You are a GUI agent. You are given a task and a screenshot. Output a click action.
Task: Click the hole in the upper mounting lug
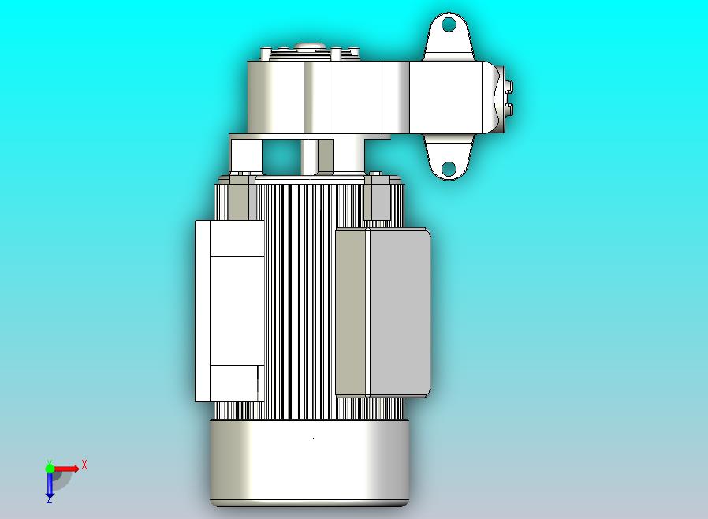pyautogui.click(x=449, y=24)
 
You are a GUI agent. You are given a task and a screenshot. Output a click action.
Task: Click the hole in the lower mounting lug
pyautogui.click(x=449, y=168)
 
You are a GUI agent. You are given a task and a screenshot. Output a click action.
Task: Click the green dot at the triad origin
pyautogui.click(x=50, y=468)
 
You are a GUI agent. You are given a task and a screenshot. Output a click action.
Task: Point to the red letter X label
pyautogui.click(x=84, y=465)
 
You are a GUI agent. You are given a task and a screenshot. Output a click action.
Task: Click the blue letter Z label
pyautogui.click(x=49, y=500)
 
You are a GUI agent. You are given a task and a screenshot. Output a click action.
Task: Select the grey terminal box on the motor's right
pyautogui.click(x=398, y=312)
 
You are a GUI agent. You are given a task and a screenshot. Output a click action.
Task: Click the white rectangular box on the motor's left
pyautogui.click(x=229, y=308)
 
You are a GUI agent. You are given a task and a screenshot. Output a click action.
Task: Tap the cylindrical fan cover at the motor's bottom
pyautogui.click(x=309, y=461)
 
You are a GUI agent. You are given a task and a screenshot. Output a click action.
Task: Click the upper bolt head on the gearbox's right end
pyautogui.click(x=509, y=87)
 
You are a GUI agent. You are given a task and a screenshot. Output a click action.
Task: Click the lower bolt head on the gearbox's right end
pyautogui.click(x=509, y=107)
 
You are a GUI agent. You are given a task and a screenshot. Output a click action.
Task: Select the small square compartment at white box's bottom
pyautogui.click(x=234, y=383)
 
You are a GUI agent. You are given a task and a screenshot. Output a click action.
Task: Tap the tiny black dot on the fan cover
pyautogui.click(x=314, y=437)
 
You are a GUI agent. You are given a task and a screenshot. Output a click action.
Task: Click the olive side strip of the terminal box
pyautogui.click(x=352, y=312)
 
